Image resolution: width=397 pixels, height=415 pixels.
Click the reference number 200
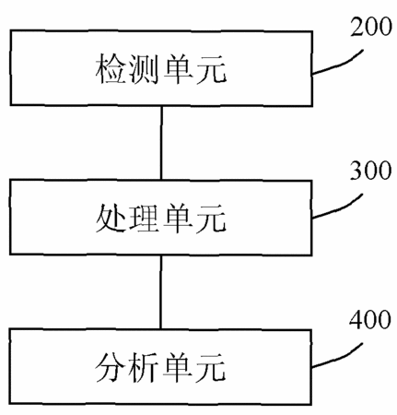pyautogui.click(x=371, y=27)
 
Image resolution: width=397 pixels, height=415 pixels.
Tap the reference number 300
pyautogui.click(x=371, y=170)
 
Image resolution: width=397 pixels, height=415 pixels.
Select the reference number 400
pyautogui.click(x=370, y=320)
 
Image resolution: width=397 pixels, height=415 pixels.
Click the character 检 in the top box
pyautogui.click(x=111, y=68)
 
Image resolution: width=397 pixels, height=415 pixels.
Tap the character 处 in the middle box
pyautogui.click(x=111, y=218)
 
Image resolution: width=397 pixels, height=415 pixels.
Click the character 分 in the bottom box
pyautogui.click(x=110, y=368)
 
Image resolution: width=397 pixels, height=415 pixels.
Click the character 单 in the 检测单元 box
pyautogui.click(x=179, y=68)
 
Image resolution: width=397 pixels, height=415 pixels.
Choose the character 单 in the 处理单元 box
pyautogui.click(x=178, y=218)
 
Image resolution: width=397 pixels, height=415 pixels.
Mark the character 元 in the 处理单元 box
pyautogui.click(x=211, y=219)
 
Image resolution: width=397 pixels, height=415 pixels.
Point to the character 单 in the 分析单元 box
pyautogui.click(x=178, y=368)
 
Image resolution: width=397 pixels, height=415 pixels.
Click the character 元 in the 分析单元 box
pyautogui.click(x=211, y=368)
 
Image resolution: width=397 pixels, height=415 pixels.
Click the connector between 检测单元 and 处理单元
pyautogui.click(x=161, y=143)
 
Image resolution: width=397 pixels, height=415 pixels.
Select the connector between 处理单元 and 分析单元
pyautogui.click(x=161, y=292)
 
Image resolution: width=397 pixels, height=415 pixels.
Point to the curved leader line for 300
pyautogui.click(x=340, y=209)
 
